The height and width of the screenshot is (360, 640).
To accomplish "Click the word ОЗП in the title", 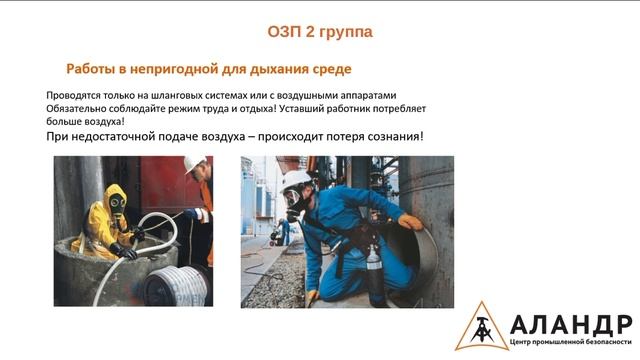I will [284, 32].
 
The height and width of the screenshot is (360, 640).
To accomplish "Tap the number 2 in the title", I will [313, 32].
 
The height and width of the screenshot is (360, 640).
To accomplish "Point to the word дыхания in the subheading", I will [270, 69].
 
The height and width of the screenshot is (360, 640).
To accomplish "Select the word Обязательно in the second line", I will [77, 107].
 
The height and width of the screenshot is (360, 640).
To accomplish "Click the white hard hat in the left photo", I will [193, 165].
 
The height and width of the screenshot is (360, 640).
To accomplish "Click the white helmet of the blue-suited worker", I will [297, 183].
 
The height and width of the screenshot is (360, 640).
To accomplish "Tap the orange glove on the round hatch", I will [410, 221].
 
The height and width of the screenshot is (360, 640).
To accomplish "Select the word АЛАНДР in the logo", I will [570, 322].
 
